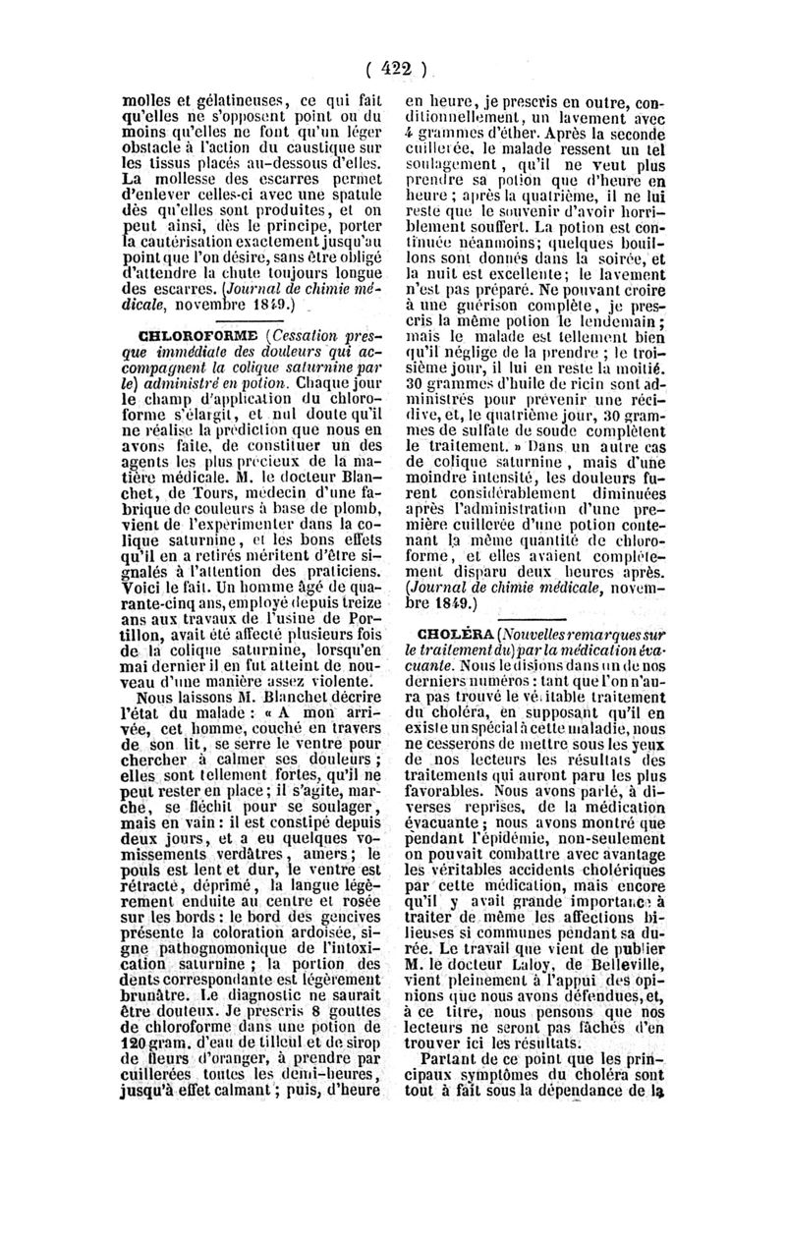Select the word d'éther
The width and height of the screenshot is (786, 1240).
pos(507,135)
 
